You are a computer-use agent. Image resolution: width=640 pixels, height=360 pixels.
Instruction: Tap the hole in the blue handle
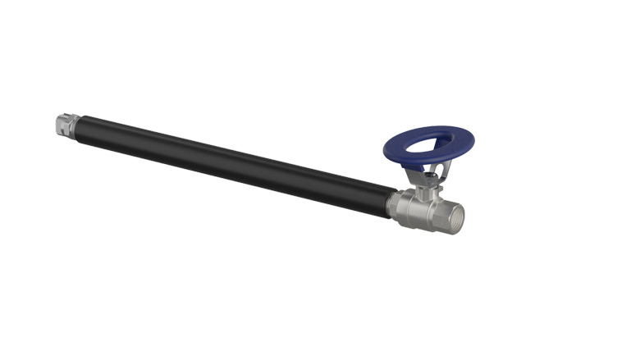pos(429,144)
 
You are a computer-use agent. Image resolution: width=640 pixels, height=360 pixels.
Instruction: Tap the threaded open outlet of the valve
pos(456,216)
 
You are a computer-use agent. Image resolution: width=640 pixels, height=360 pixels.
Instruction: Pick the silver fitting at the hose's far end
pos(62,125)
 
